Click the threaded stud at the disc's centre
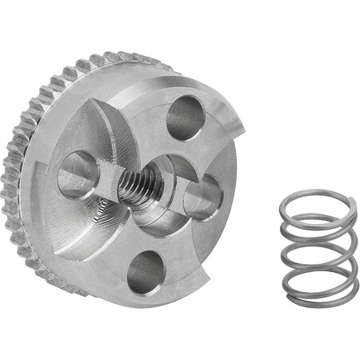pyautogui.click(x=141, y=186)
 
